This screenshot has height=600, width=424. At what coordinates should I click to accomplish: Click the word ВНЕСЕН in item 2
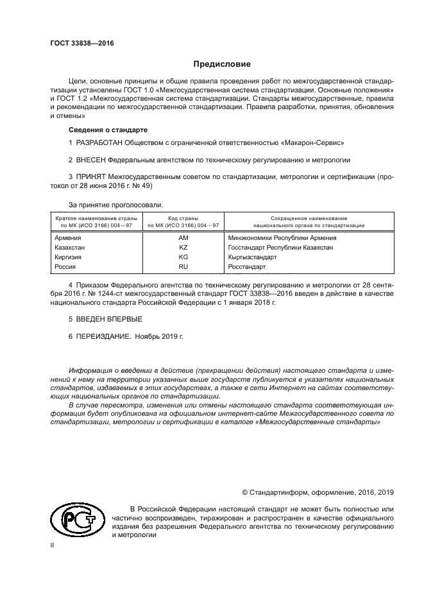click(90, 160)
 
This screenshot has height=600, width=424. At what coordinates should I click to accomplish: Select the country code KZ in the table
click(183, 247)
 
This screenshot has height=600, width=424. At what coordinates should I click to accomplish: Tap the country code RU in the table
click(183, 266)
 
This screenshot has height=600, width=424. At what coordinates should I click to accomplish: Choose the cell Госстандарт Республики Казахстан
click(280, 247)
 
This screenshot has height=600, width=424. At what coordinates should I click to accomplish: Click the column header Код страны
click(183, 219)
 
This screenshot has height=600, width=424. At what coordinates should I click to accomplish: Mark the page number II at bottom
click(52, 544)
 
